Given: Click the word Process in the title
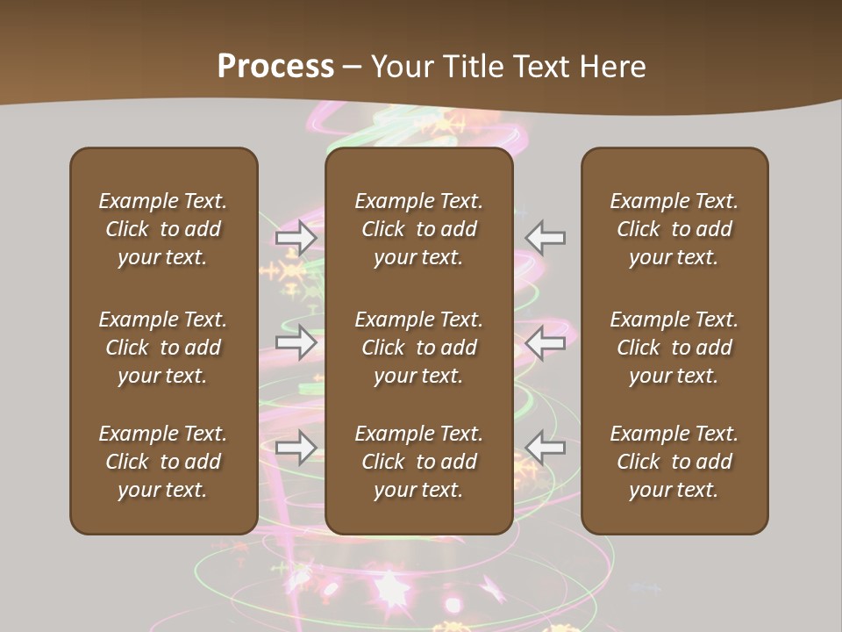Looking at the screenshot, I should [x=275, y=67].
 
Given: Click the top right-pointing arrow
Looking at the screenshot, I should [x=296, y=238].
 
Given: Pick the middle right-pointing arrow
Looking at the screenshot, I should [x=296, y=343].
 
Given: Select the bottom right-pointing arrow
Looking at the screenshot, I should [x=296, y=448].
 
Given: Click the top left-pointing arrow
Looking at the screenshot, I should [x=546, y=238].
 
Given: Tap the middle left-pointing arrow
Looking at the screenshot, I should [x=546, y=343].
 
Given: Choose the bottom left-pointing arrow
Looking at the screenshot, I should [x=546, y=448].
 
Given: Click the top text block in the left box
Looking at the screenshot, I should [x=163, y=229].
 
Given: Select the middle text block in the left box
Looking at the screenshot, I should [x=163, y=348].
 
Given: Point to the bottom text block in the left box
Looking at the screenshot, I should [x=163, y=462].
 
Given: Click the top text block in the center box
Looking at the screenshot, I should [x=418, y=229].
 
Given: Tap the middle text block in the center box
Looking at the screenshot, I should [x=418, y=348].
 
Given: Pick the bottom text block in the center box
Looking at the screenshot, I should [x=418, y=462].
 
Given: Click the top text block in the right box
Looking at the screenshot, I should [x=674, y=229].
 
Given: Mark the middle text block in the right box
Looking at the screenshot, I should [x=674, y=348].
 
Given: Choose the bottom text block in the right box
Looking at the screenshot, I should [x=674, y=462].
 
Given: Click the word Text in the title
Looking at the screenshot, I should [x=542, y=67].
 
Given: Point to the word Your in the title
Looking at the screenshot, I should [x=403, y=67].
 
